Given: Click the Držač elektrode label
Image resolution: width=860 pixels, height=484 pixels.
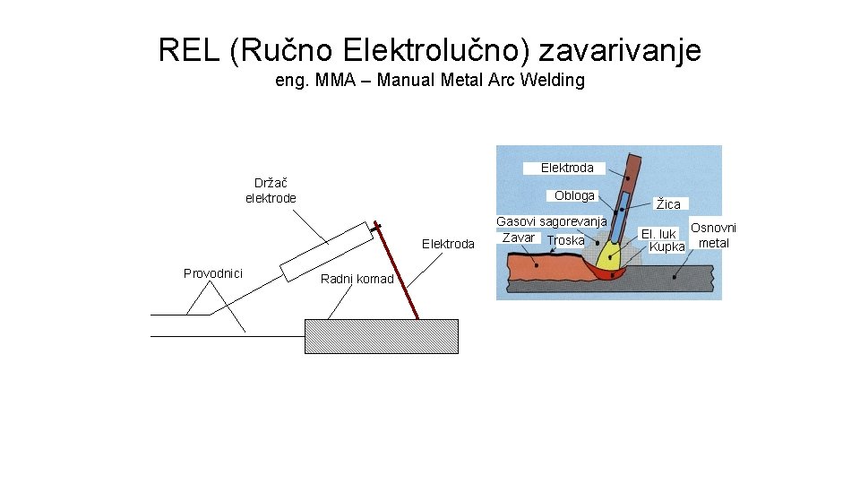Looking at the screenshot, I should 271,190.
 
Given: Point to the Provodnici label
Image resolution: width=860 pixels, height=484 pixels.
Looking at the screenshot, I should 213,273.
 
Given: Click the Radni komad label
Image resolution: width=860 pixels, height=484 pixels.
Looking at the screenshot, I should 357,279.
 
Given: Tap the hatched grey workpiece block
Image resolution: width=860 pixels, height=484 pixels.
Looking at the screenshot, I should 382,336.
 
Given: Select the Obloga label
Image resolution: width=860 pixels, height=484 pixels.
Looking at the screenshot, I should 574,195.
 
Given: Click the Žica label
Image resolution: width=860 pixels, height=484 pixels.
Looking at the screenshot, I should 668,205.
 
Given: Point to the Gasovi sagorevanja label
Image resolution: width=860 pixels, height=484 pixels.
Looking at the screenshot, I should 552,220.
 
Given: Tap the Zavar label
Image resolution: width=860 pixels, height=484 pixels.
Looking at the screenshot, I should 519,238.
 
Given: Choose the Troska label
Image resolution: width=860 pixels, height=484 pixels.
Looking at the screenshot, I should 565,240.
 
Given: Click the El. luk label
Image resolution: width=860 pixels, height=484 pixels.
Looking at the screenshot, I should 658,234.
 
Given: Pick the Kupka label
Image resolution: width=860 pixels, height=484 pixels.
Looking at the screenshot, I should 666,246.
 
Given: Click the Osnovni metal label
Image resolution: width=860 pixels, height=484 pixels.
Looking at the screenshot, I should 713,236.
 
